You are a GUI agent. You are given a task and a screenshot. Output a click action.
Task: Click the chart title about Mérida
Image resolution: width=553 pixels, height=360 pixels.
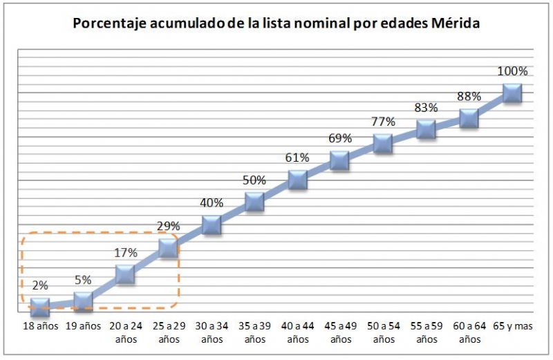(276, 23)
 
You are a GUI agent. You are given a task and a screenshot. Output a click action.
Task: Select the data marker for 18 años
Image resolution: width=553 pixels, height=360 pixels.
(40, 307)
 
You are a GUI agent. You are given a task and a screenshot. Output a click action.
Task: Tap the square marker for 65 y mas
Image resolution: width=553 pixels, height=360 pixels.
(512, 93)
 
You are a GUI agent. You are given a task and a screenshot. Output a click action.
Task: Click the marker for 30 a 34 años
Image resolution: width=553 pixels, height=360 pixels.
(212, 225)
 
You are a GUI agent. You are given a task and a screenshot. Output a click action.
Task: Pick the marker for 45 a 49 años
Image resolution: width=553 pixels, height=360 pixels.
(340, 161)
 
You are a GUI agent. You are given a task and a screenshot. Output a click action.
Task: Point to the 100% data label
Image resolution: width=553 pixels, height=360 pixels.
(512, 71)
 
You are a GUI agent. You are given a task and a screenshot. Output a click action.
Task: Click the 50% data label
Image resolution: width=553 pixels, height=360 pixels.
(254, 180)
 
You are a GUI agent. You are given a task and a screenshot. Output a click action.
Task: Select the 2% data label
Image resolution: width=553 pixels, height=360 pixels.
(40, 285)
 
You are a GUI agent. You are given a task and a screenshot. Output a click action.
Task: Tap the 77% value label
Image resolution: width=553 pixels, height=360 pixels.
(383, 122)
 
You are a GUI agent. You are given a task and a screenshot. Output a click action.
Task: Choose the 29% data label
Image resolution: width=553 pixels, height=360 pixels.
(169, 226)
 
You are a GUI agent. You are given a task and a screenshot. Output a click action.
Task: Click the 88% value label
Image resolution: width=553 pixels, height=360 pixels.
(469, 97)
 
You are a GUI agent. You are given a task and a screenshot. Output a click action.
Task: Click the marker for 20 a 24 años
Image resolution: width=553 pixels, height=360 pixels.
(126, 274)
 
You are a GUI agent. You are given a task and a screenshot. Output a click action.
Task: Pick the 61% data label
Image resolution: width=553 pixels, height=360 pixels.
(297, 158)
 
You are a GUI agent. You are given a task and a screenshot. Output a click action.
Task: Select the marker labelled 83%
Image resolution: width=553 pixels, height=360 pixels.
(426, 129)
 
